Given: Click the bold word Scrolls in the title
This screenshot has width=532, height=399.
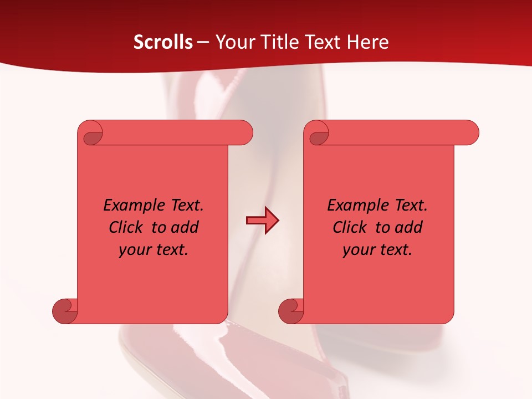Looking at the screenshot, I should click(163, 42).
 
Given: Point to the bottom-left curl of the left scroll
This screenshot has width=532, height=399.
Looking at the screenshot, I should click(65, 311).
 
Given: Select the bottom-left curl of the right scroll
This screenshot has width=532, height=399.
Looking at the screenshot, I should click(291, 311).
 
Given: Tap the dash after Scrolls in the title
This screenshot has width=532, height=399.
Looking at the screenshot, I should click(203, 42).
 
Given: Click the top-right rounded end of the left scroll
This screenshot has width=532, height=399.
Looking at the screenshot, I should click(244, 133).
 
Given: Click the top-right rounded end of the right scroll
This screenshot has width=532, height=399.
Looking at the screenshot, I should click(470, 133).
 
